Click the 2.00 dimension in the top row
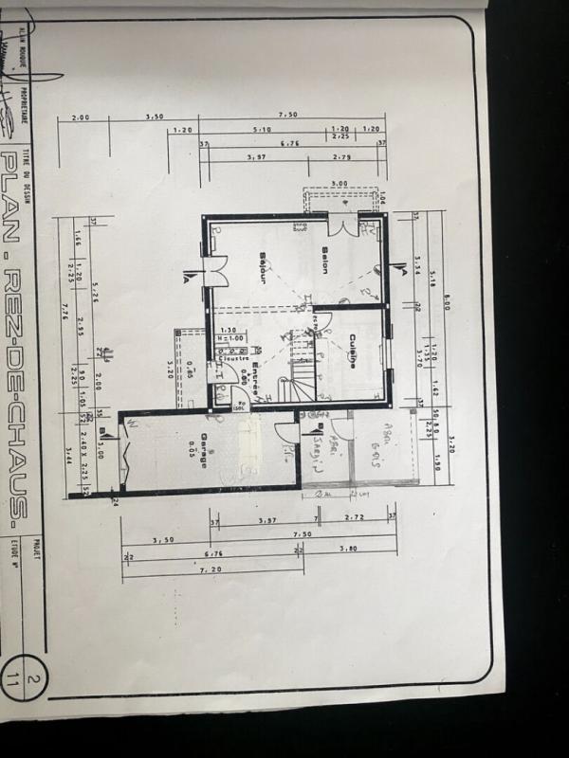coord(80,117)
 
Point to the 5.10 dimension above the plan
coord(263,130)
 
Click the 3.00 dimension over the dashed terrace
coord(339,184)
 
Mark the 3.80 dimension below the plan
coord(347,548)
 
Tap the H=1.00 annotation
coord(230,338)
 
